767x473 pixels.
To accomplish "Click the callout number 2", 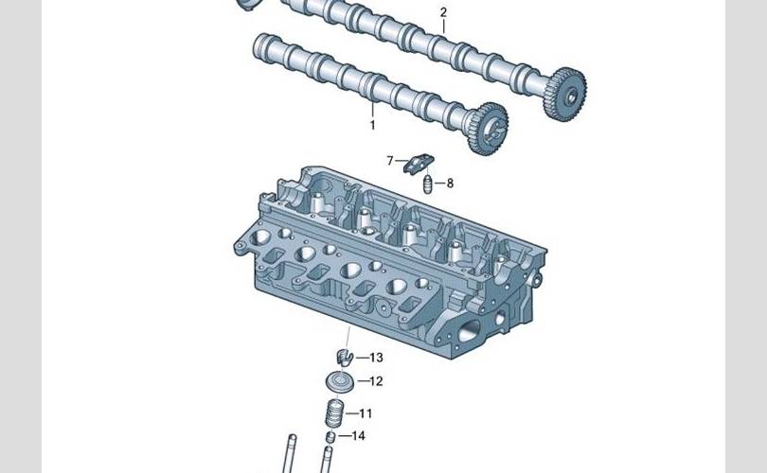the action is click(443, 12).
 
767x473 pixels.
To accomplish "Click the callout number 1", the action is click(373, 125).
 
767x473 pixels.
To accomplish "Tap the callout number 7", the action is click(390, 160).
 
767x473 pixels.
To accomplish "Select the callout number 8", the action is click(450, 184).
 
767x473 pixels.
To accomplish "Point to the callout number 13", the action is click(376, 358).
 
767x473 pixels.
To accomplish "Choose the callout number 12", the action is click(376, 381).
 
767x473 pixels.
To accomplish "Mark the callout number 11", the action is click(366, 413).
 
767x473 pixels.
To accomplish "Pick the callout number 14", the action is click(359, 436).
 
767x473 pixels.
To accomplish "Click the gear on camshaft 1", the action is click(488, 129).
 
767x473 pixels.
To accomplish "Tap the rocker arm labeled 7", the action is click(419, 163).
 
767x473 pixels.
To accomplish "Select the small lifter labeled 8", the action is click(428, 184).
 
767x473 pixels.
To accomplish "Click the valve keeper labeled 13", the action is click(345, 358).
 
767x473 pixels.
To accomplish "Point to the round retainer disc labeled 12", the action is click(339, 381).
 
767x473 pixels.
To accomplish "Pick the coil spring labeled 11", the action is click(335, 413).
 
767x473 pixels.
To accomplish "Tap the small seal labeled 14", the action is click(330, 436).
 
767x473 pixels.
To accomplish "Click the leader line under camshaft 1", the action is click(372, 108).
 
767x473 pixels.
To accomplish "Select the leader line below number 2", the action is click(444, 26).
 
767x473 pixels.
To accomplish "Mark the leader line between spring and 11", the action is click(351, 414).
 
